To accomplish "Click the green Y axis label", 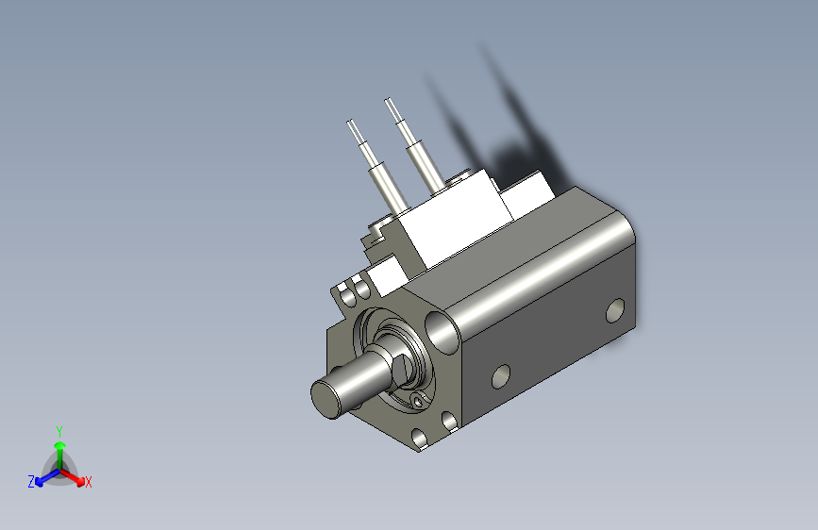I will click(x=58, y=429).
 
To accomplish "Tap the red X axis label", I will click(x=89, y=483).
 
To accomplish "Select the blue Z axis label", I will click(x=31, y=481).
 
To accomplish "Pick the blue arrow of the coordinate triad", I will click(x=43, y=476).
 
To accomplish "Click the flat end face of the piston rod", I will click(x=327, y=396).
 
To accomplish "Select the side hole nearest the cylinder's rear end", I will click(x=615, y=309).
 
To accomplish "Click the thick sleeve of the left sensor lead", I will click(x=386, y=188).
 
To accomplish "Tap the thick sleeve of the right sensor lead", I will click(x=422, y=166).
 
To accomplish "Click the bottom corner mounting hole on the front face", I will click(x=418, y=439).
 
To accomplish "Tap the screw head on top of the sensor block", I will click(x=461, y=175).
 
